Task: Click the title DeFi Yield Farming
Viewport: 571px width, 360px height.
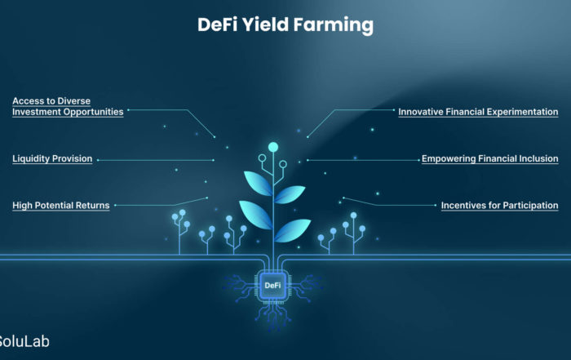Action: click(x=285, y=25)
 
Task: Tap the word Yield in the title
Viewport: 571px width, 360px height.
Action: click(x=265, y=24)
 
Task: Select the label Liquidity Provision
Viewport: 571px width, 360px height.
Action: click(x=52, y=159)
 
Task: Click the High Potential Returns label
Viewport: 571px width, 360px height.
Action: click(x=61, y=206)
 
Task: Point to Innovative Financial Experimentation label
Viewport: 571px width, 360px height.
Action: click(x=478, y=112)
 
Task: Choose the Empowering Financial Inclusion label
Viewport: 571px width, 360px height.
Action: click(x=489, y=159)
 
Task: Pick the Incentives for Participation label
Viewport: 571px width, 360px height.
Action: click(x=499, y=206)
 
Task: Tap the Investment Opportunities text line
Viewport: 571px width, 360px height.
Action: click(x=68, y=112)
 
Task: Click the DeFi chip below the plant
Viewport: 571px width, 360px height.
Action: click(x=272, y=285)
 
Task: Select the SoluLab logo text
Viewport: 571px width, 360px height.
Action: click(x=24, y=341)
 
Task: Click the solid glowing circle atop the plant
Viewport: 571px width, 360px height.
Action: click(x=273, y=147)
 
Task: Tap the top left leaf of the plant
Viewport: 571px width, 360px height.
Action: click(x=258, y=183)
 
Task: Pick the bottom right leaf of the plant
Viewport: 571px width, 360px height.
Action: click(x=292, y=230)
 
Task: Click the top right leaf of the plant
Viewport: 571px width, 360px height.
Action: click(x=290, y=193)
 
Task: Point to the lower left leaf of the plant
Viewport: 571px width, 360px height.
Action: click(x=255, y=214)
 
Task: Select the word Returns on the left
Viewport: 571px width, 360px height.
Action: click(x=92, y=206)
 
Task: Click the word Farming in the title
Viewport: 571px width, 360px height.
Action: click(x=334, y=25)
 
